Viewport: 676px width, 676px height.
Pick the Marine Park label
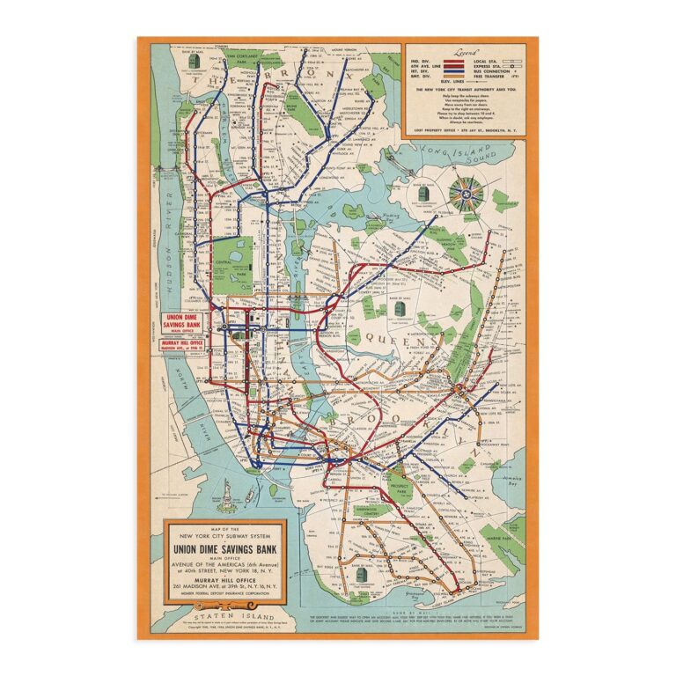pyautogui.click(x=508, y=529)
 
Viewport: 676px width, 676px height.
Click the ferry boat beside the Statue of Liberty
pyautogui.click(x=249, y=499)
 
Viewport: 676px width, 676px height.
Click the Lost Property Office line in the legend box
pyautogui.click(x=465, y=129)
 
